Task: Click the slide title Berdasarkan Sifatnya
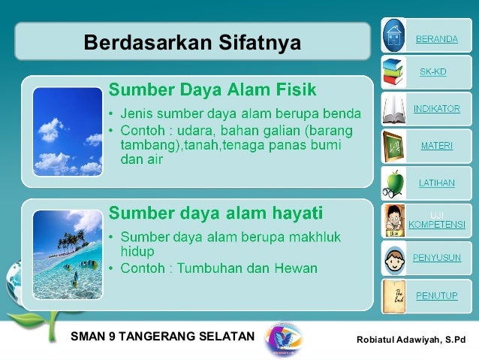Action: click(x=192, y=42)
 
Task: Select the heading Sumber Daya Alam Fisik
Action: click(x=213, y=90)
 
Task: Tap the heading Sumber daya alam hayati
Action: click(x=216, y=211)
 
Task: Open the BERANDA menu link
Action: click(x=436, y=39)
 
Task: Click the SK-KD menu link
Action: click(x=432, y=72)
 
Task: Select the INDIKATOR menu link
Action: click(x=436, y=109)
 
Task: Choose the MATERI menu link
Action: click(x=436, y=146)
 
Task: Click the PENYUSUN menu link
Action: click(x=436, y=258)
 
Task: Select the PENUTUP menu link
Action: click(x=436, y=295)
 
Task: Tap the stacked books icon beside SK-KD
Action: click(x=394, y=72)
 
